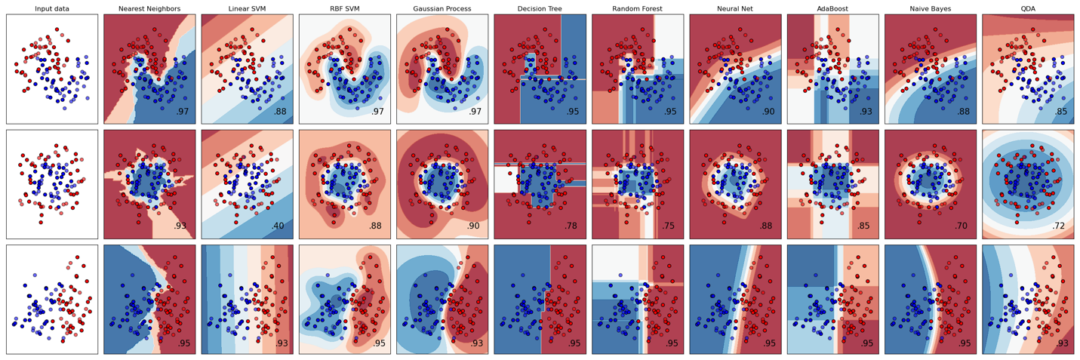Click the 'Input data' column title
pyautogui.click(x=52, y=8)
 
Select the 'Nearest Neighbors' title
pyautogui.click(x=149, y=8)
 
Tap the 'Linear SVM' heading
pyautogui.click(x=247, y=8)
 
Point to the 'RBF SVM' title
pyautogui.click(x=344, y=8)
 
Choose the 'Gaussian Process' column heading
pyautogui.click(x=442, y=8)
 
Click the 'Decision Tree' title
pyautogui.click(x=540, y=8)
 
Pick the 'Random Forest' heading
pyautogui.click(x=638, y=8)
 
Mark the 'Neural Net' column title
pyautogui.click(x=735, y=8)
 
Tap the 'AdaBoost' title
pyautogui.click(x=832, y=8)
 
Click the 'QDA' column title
pyautogui.click(x=1028, y=8)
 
